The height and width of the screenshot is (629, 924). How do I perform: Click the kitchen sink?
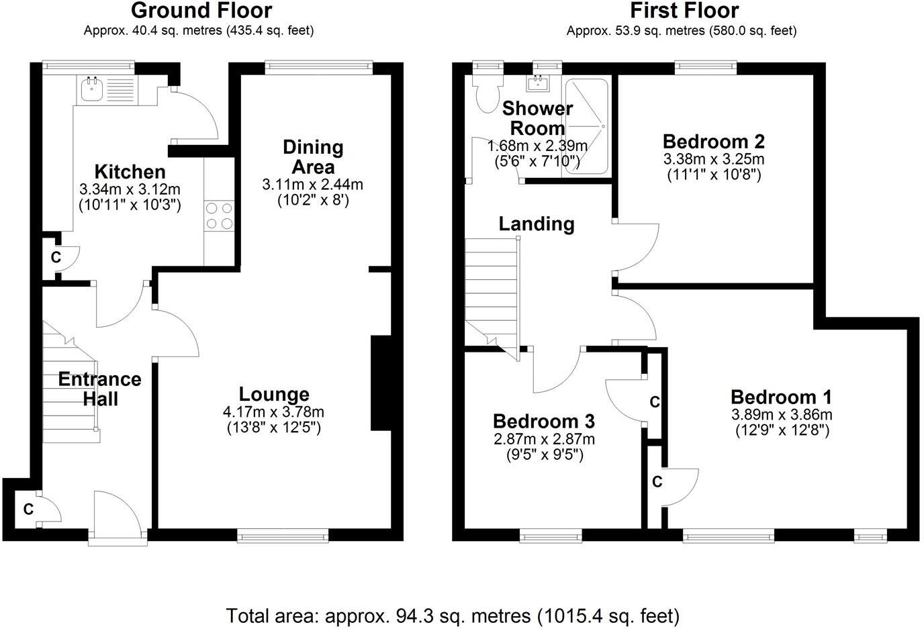click(91, 89)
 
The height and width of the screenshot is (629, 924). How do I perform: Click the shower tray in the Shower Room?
click(586, 126)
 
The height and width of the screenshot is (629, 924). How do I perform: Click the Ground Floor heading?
click(201, 11)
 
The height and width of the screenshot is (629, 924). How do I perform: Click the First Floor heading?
click(684, 11)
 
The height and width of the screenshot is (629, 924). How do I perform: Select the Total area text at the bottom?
click(453, 615)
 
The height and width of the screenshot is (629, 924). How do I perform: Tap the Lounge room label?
click(274, 395)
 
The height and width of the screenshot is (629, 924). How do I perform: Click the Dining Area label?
click(313, 156)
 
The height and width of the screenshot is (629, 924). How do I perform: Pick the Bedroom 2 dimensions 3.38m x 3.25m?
click(713, 160)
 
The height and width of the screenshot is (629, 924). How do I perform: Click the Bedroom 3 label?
click(543, 422)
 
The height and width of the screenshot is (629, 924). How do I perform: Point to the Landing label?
click(536, 224)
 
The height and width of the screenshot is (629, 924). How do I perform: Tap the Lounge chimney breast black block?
click(381, 382)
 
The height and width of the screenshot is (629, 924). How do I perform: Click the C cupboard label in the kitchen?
click(56, 257)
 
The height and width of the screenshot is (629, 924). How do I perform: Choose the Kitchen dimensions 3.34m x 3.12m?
click(130, 190)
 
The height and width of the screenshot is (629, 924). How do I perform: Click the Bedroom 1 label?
click(781, 397)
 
